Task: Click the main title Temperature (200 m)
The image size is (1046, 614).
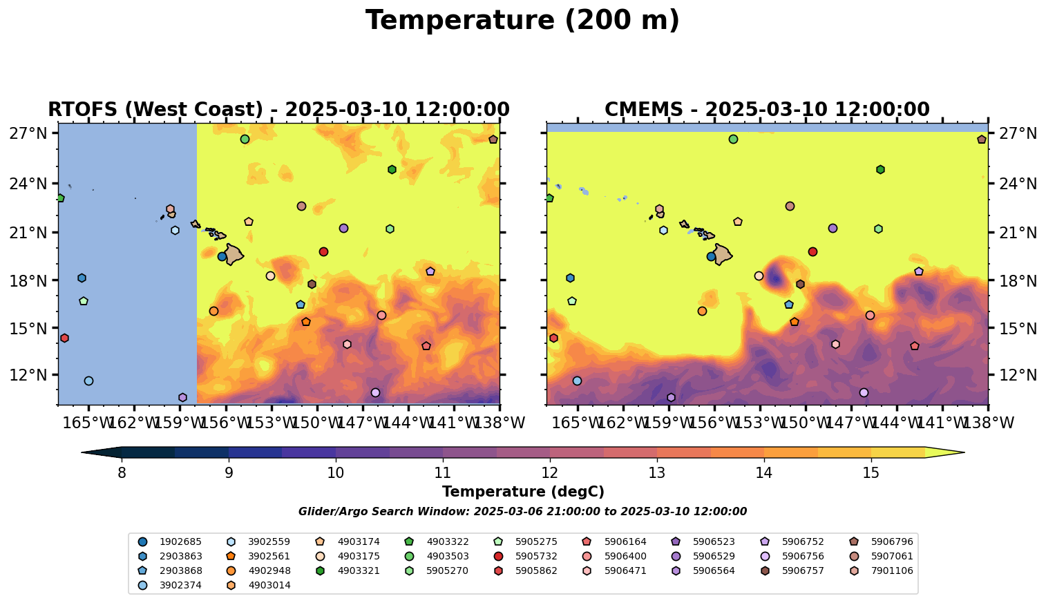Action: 522,21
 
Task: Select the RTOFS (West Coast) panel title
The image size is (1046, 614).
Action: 278,110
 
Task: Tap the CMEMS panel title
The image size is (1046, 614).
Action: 767,110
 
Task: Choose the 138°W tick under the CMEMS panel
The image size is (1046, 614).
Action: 987,422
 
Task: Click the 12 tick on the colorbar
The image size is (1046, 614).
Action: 550,473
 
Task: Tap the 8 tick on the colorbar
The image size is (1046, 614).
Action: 122,473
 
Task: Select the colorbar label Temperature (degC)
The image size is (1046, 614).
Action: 523,492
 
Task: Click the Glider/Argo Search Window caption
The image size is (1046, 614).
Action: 522,512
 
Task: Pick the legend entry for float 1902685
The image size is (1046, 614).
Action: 173,541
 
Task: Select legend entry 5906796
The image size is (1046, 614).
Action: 891,541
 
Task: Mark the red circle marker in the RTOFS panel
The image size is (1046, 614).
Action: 323,251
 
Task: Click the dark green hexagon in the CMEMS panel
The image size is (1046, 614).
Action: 880,169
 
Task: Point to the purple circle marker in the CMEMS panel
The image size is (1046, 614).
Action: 833,228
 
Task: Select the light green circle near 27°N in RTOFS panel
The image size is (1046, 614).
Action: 245,139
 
